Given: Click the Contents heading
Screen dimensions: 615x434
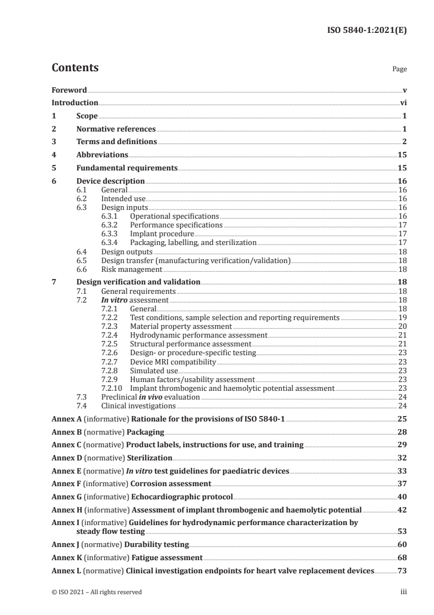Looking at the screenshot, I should click(75, 68).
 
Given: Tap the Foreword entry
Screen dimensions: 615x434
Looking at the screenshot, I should click(69, 89).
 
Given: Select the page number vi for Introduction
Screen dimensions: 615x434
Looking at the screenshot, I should click(403, 102).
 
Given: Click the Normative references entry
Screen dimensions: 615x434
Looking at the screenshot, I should click(116, 129).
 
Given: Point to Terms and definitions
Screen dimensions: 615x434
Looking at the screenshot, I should click(117, 142).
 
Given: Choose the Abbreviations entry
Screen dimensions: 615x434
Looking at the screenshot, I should click(102, 155).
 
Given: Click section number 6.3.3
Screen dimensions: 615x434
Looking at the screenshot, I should click(111, 234).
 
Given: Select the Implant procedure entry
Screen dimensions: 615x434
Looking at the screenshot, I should click(154, 234).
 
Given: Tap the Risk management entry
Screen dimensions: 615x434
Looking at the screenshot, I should click(131, 269).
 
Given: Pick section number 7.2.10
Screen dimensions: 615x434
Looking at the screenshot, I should click(113, 388).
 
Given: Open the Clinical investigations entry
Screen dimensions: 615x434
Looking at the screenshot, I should click(138, 406).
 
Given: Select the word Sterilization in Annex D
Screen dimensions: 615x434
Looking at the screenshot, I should click(150, 457).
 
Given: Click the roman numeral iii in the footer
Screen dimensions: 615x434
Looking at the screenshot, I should click(403, 592).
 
